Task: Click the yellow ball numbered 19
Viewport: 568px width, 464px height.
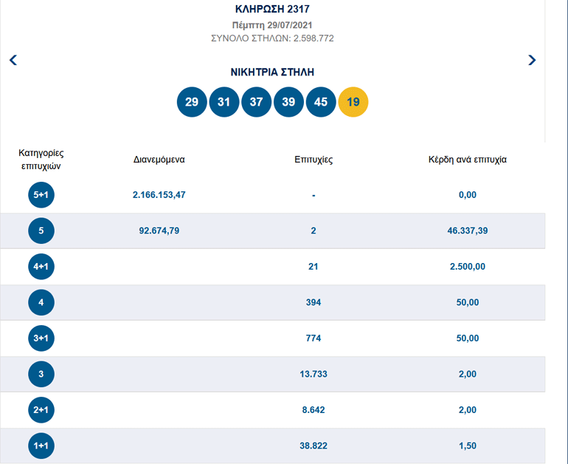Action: tap(353, 102)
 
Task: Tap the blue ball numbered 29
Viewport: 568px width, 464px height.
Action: tap(192, 102)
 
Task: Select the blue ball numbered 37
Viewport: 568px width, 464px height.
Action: tap(256, 102)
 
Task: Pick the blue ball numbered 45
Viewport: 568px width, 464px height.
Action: tap(321, 102)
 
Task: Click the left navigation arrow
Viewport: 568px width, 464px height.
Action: tap(13, 60)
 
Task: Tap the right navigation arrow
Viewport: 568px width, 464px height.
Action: tap(532, 60)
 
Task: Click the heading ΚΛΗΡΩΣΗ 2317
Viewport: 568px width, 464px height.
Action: tap(273, 10)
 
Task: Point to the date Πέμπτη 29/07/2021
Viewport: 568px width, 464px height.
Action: tap(273, 25)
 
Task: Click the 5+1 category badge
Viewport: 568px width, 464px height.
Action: tap(41, 195)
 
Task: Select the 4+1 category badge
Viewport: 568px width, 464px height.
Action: tap(41, 267)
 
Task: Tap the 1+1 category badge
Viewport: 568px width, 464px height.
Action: tap(41, 446)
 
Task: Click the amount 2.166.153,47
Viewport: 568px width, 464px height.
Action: tap(159, 195)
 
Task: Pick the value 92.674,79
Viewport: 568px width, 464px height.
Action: tap(159, 231)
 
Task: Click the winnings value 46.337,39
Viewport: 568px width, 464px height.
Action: tap(467, 231)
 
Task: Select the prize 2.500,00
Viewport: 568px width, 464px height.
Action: tap(467, 267)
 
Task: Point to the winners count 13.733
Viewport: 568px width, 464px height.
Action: tap(314, 374)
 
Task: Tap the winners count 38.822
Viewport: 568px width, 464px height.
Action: tap(314, 446)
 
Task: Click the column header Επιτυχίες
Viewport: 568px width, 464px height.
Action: tap(314, 160)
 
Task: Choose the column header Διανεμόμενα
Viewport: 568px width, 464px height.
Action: tap(159, 160)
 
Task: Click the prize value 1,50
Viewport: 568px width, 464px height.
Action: tap(467, 446)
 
